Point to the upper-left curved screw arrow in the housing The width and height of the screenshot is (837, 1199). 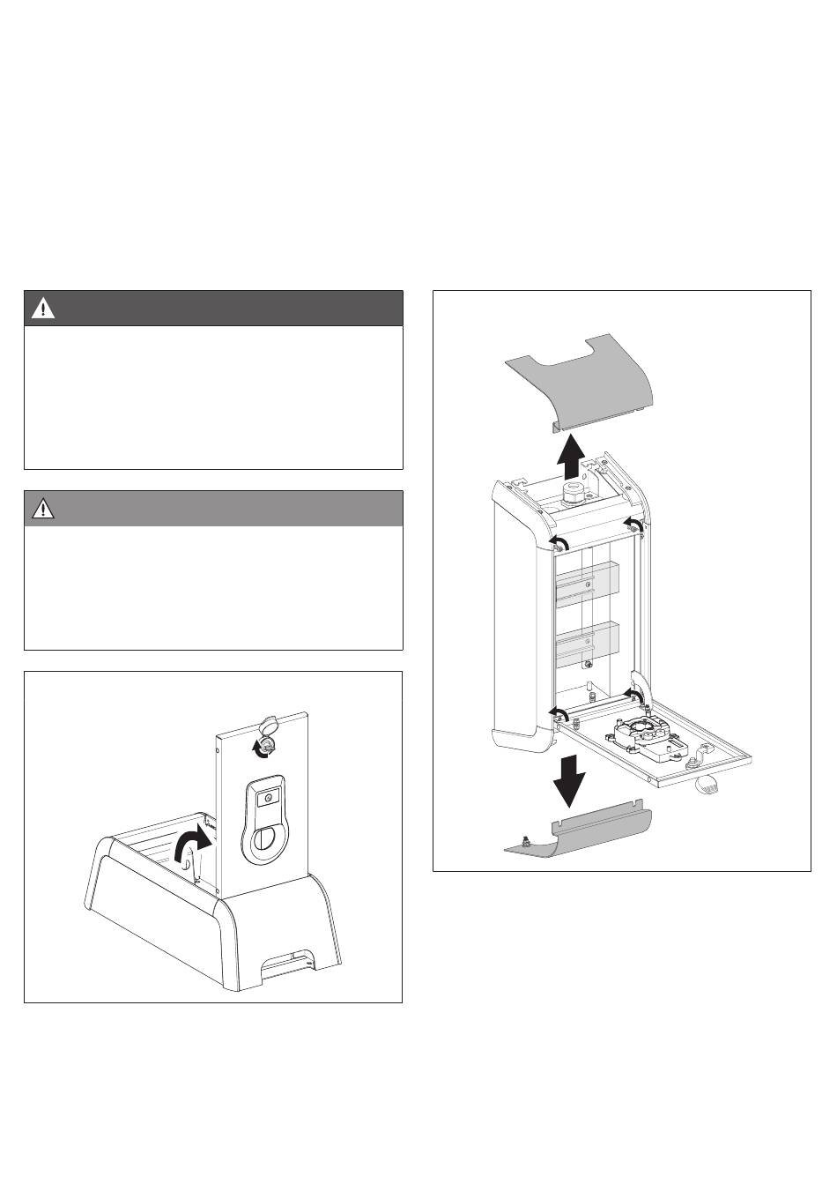click(x=557, y=541)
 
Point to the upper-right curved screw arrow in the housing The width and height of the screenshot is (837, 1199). click(x=632, y=526)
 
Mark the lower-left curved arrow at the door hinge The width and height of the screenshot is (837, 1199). click(x=557, y=711)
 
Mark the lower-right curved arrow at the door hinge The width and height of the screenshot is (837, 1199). click(x=632, y=694)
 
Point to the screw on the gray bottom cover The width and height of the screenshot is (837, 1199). click(x=525, y=841)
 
